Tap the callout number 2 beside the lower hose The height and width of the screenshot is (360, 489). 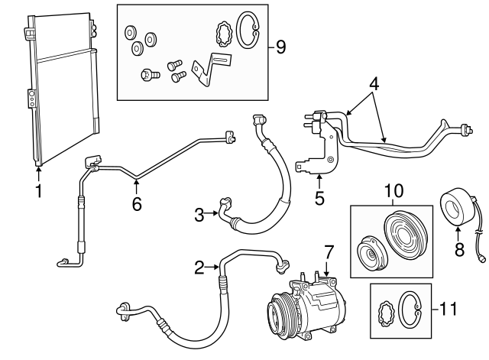coord(199,267)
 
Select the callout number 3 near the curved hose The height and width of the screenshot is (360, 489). coord(199,215)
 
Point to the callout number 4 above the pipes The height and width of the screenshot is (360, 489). coord(374,83)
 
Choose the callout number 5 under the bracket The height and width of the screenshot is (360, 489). coord(319,198)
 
